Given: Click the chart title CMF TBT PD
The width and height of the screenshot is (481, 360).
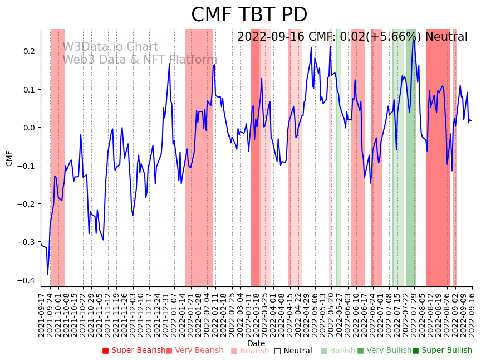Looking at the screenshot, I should [x=249, y=15].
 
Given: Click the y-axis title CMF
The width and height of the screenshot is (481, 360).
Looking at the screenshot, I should [x=9, y=158].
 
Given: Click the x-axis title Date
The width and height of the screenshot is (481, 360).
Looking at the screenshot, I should [x=256, y=343].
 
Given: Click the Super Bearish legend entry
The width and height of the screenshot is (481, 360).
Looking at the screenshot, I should [x=134, y=351].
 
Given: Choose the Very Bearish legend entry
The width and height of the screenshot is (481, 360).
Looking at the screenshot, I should [x=194, y=351].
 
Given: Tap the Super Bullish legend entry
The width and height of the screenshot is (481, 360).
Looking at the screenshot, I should [x=442, y=351].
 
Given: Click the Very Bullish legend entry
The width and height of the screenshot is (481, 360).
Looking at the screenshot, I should [x=384, y=351].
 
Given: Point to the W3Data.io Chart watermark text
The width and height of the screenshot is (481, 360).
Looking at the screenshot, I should [x=110, y=47].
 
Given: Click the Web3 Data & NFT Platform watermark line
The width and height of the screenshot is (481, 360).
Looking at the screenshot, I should [x=140, y=60].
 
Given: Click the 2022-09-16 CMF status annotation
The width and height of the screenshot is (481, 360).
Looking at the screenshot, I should [x=352, y=37].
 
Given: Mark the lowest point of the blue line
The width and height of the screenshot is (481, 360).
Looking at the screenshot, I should [x=48, y=274].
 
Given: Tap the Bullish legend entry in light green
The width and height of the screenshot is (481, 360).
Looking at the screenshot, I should [x=338, y=351].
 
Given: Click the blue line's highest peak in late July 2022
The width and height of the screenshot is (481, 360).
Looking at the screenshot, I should [x=413, y=41].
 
